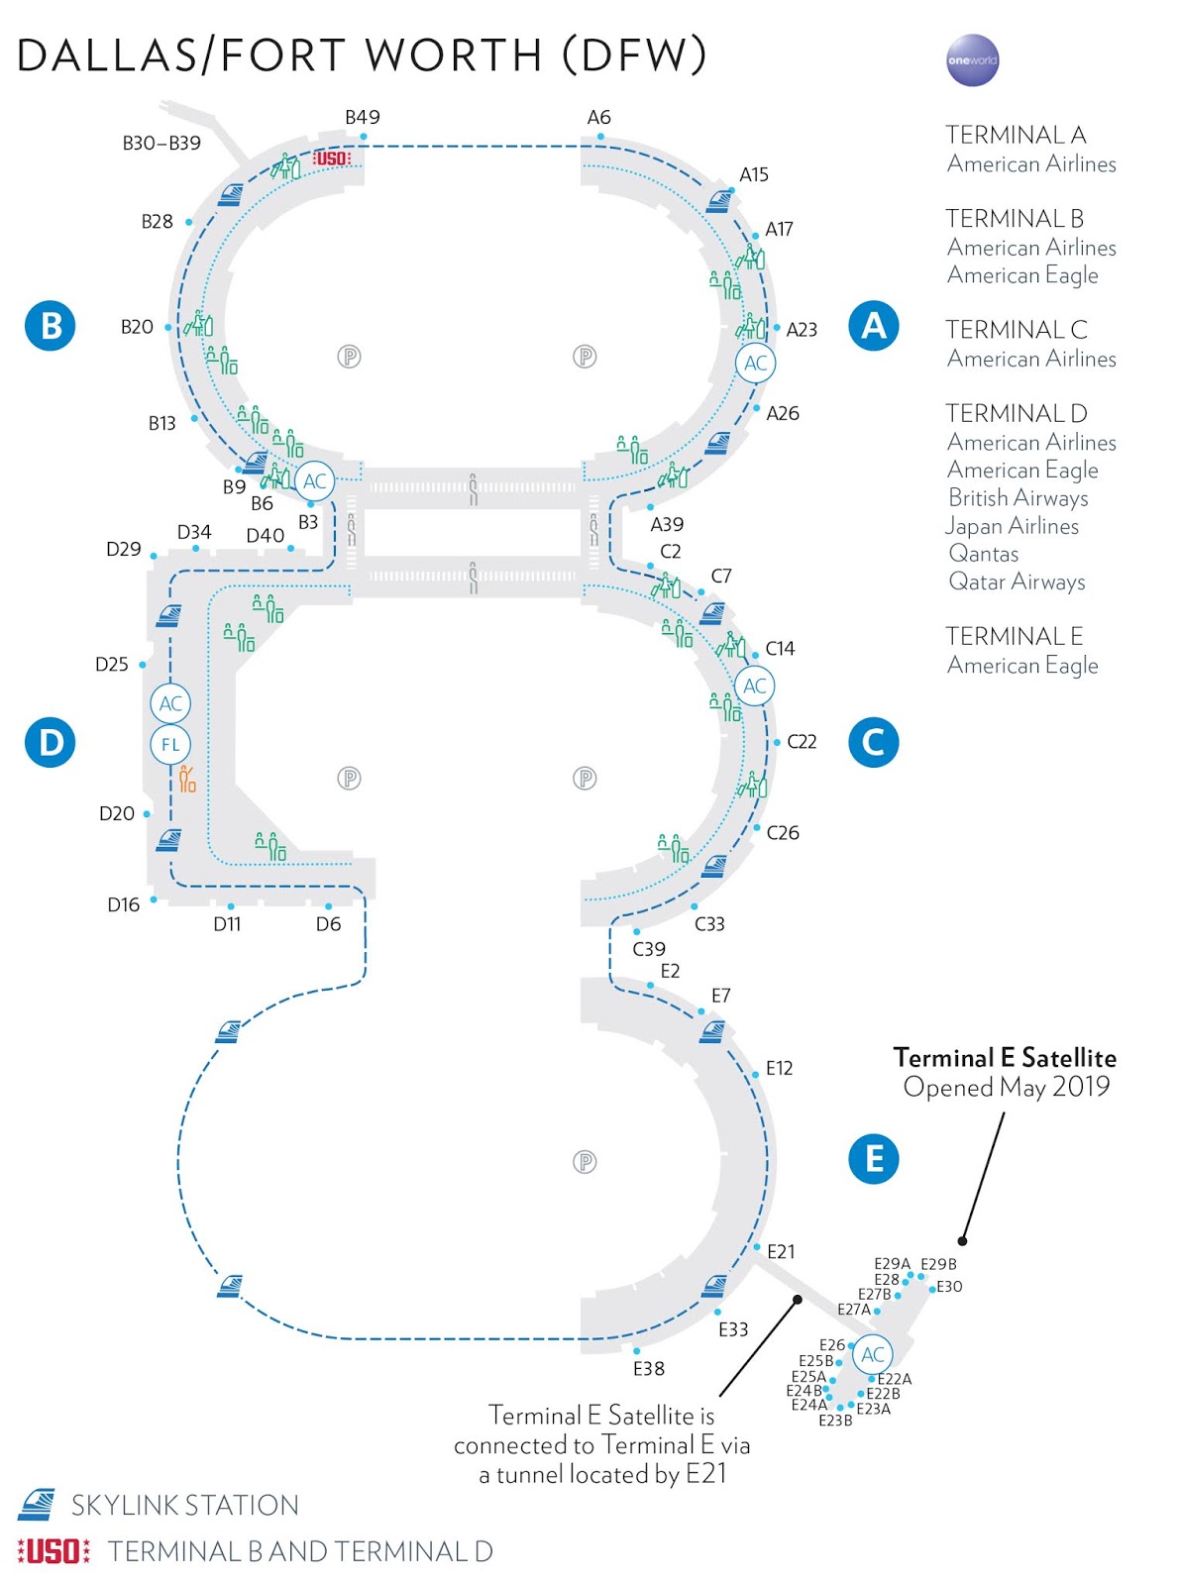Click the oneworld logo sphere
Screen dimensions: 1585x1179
[x=972, y=60]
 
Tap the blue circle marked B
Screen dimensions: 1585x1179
[x=51, y=325]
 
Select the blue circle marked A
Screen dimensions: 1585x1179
[x=873, y=325]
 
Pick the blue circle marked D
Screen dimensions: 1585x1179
[x=51, y=742]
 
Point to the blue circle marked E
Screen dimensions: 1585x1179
[x=873, y=1158]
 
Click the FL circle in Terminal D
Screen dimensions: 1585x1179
[x=170, y=745]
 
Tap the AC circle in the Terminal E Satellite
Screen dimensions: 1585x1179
[x=873, y=1354]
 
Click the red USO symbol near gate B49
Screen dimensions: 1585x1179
[x=331, y=158]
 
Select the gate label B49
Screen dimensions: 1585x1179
[x=363, y=117]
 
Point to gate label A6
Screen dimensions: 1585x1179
[x=598, y=117]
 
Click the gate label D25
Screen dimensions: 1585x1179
[x=112, y=665]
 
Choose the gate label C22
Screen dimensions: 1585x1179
[x=802, y=742]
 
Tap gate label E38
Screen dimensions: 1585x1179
[x=649, y=1369]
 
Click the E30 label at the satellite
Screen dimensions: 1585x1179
[x=949, y=1287]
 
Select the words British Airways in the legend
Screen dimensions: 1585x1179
[x=1018, y=497]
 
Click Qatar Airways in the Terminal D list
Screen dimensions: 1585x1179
[x=1018, y=581]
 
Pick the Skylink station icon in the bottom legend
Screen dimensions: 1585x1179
[x=37, y=1504]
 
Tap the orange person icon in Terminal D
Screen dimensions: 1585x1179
[x=187, y=780]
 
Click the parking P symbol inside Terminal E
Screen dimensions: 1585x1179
[x=585, y=1161]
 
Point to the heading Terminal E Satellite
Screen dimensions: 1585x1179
[x=1005, y=1058]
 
